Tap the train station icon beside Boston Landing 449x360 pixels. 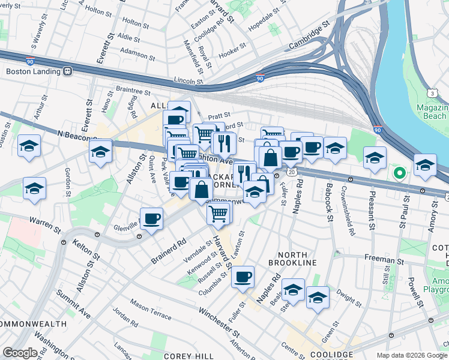(67, 71)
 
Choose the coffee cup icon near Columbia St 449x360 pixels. (243, 277)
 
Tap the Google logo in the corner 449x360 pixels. (20, 353)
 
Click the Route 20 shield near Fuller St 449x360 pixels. (292, 172)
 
